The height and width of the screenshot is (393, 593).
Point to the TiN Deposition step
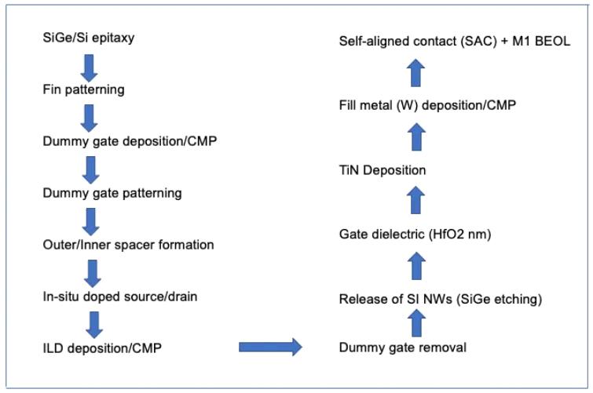[x=383, y=170]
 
